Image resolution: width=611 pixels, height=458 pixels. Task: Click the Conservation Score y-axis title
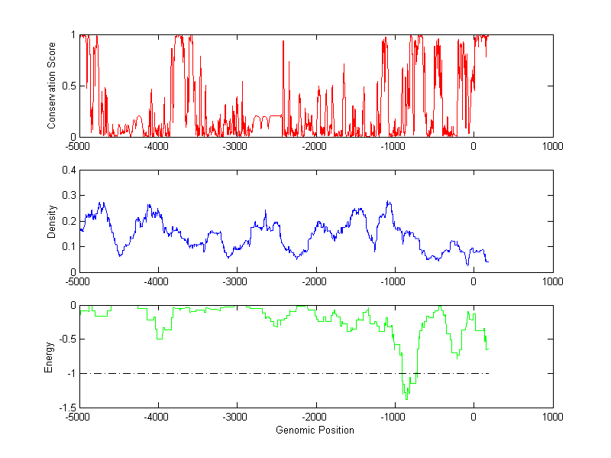click(x=52, y=86)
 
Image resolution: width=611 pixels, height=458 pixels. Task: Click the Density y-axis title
click(x=52, y=221)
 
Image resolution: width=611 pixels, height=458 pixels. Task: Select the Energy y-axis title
click(x=49, y=356)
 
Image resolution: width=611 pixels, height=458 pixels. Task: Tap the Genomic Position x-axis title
click(x=315, y=430)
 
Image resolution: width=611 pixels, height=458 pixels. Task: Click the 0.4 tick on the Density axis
click(x=67, y=171)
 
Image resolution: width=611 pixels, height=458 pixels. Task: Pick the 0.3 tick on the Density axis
click(x=67, y=196)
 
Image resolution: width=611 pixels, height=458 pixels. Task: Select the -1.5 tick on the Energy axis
click(x=66, y=408)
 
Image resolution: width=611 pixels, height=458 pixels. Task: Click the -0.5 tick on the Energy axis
click(x=66, y=339)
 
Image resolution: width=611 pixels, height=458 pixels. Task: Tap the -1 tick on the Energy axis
click(x=69, y=374)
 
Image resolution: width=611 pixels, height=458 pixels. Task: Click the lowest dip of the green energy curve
click(x=406, y=399)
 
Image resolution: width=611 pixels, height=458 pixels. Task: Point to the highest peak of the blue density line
click(x=389, y=202)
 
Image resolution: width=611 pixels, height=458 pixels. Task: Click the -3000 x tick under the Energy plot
click(x=237, y=417)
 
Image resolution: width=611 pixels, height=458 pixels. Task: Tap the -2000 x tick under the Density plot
click(x=315, y=281)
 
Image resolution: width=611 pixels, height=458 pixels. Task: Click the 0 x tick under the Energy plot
click(x=474, y=417)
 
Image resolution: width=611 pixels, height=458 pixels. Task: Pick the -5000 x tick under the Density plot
click(x=79, y=281)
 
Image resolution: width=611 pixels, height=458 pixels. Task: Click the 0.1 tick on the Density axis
click(x=67, y=246)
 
